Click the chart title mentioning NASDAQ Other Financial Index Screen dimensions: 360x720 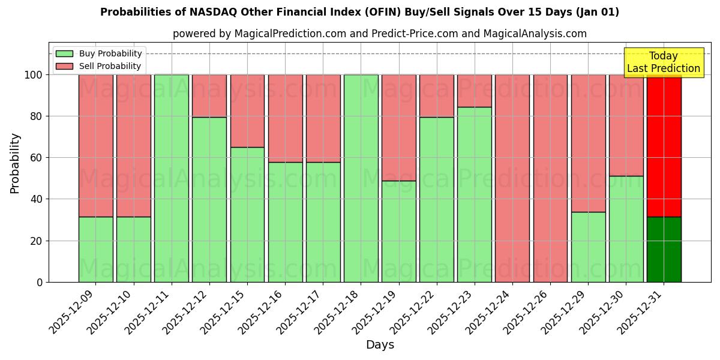click(x=359, y=12)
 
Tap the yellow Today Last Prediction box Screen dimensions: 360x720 click(x=663, y=62)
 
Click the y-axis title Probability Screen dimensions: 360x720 click(x=15, y=163)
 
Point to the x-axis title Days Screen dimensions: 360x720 click(x=380, y=345)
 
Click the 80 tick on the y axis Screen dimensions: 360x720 click(x=37, y=116)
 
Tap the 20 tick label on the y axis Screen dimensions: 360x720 click(x=37, y=241)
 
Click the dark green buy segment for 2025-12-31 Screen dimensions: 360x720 click(x=664, y=249)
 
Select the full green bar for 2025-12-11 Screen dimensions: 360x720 click(x=172, y=178)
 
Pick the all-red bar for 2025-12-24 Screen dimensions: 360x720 click(x=512, y=178)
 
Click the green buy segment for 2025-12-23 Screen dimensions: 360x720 click(x=474, y=194)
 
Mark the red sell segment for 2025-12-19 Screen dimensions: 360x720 click(x=398, y=127)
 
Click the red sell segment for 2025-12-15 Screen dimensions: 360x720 click(x=247, y=110)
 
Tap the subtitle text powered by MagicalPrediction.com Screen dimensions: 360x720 click(x=380, y=34)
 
